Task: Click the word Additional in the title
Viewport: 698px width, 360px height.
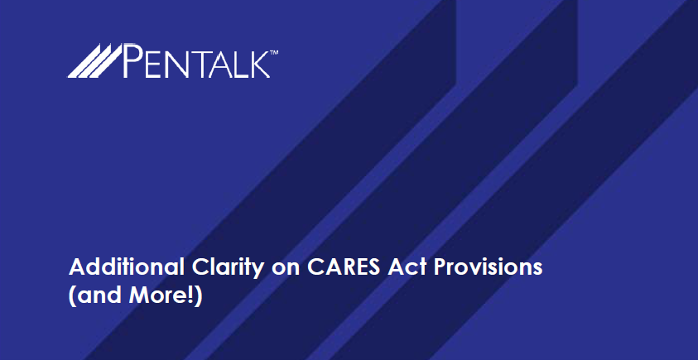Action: coord(126,267)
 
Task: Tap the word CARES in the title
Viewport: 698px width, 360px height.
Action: coord(344,267)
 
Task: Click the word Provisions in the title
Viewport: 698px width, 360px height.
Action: coord(488,267)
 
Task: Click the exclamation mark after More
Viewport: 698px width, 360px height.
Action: coord(192,296)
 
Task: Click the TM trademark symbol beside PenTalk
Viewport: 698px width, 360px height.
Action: coord(274,53)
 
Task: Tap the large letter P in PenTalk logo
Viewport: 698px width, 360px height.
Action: coord(132,60)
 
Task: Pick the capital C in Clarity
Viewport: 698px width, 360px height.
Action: coord(200,267)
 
